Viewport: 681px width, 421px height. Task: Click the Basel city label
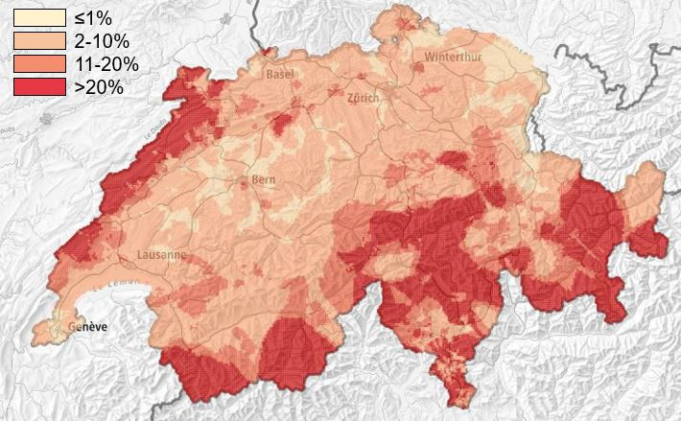280,74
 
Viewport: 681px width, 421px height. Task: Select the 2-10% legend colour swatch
38,41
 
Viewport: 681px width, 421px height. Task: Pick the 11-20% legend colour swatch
38,63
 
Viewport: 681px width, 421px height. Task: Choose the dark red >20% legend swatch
38,86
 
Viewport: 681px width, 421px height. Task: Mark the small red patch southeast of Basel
282,123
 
